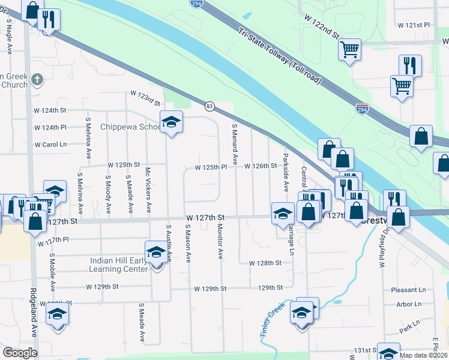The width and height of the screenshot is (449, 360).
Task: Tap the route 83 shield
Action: pos(209,106)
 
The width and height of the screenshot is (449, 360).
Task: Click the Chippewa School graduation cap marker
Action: pos(172,123)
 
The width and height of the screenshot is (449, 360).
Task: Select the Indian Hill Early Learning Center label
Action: pos(119,265)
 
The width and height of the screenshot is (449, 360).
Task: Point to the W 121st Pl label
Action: pos(414,25)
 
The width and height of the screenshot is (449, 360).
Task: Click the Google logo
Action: pos(20,353)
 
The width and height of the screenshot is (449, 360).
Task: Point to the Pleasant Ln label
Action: pos(411,289)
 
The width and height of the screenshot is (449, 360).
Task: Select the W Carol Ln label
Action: pos(50,145)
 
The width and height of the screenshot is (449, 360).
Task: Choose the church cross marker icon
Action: pos(37,79)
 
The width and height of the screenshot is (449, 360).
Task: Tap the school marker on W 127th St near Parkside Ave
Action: pos(282,214)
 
